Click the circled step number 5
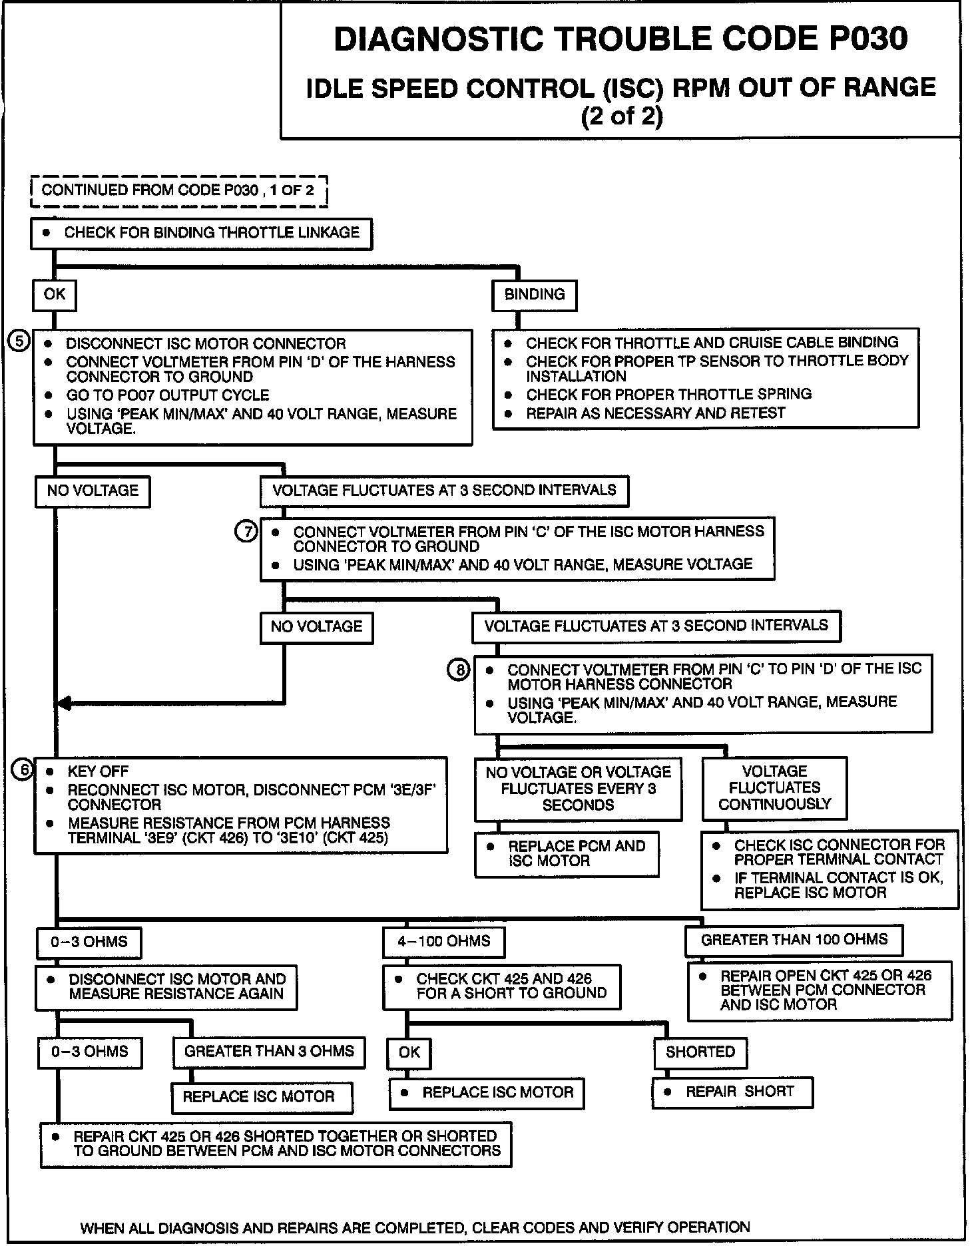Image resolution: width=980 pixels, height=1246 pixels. click(19, 342)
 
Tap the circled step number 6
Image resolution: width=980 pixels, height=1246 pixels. click(23, 770)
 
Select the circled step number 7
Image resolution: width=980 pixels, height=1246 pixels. click(246, 532)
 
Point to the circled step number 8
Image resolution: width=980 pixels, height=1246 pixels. click(459, 670)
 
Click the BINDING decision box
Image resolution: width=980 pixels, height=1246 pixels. click(534, 295)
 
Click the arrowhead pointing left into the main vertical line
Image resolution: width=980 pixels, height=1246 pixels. click(63, 703)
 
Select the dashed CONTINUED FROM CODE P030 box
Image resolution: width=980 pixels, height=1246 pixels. click(178, 191)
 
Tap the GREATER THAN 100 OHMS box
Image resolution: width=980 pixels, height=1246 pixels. click(794, 940)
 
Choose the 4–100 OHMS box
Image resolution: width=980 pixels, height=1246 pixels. click(443, 941)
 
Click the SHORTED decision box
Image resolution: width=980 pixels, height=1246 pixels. click(700, 1052)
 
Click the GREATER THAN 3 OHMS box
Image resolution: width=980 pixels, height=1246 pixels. click(269, 1052)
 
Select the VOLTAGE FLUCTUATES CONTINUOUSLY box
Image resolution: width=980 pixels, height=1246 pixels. click(774, 788)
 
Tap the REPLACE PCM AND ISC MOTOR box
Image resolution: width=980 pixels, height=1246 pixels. click(567, 853)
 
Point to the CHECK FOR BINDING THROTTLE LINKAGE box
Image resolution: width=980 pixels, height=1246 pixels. click(202, 233)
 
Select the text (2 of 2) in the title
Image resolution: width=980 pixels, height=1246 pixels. click(622, 116)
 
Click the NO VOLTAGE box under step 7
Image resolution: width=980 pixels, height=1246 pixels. click(316, 627)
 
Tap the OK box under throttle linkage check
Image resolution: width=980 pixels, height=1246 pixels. click(55, 295)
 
